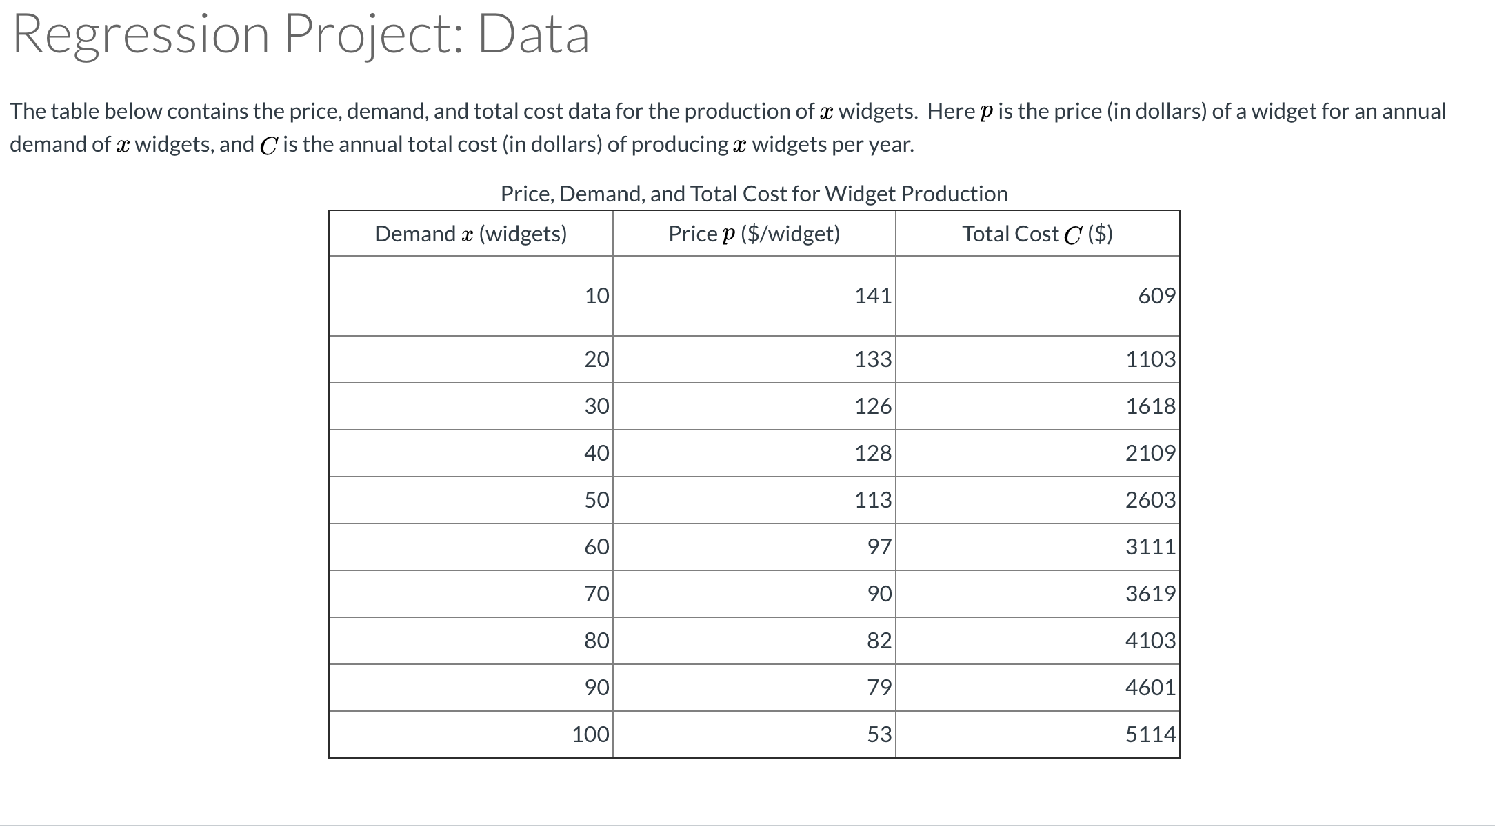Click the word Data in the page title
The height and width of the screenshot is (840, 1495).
click(534, 34)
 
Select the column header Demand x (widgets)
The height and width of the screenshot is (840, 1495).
click(470, 234)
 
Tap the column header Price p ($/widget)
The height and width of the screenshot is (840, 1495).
click(754, 234)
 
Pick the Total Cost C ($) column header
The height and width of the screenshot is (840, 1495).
click(1037, 234)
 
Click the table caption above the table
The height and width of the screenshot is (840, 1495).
click(754, 194)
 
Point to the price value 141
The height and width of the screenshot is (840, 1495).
click(872, 297)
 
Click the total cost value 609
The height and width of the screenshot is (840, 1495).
click(1156, 297)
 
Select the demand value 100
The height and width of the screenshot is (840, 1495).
click(590, 734)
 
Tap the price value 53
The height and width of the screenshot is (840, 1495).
click(879, 734)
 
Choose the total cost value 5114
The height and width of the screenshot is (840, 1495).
click(1150, 734)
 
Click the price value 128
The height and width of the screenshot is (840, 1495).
click(872, 453)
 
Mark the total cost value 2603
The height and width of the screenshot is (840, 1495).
click(1150, 500)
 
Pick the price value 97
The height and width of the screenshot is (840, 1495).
click(879, 547)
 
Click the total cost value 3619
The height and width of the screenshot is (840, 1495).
click(1150, 594)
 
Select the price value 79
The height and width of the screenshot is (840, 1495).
click(879, 688)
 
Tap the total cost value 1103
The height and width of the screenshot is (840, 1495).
click(1150, 359)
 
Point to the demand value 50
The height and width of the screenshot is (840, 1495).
click(596, 500)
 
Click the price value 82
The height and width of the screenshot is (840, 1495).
click(879, 641)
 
